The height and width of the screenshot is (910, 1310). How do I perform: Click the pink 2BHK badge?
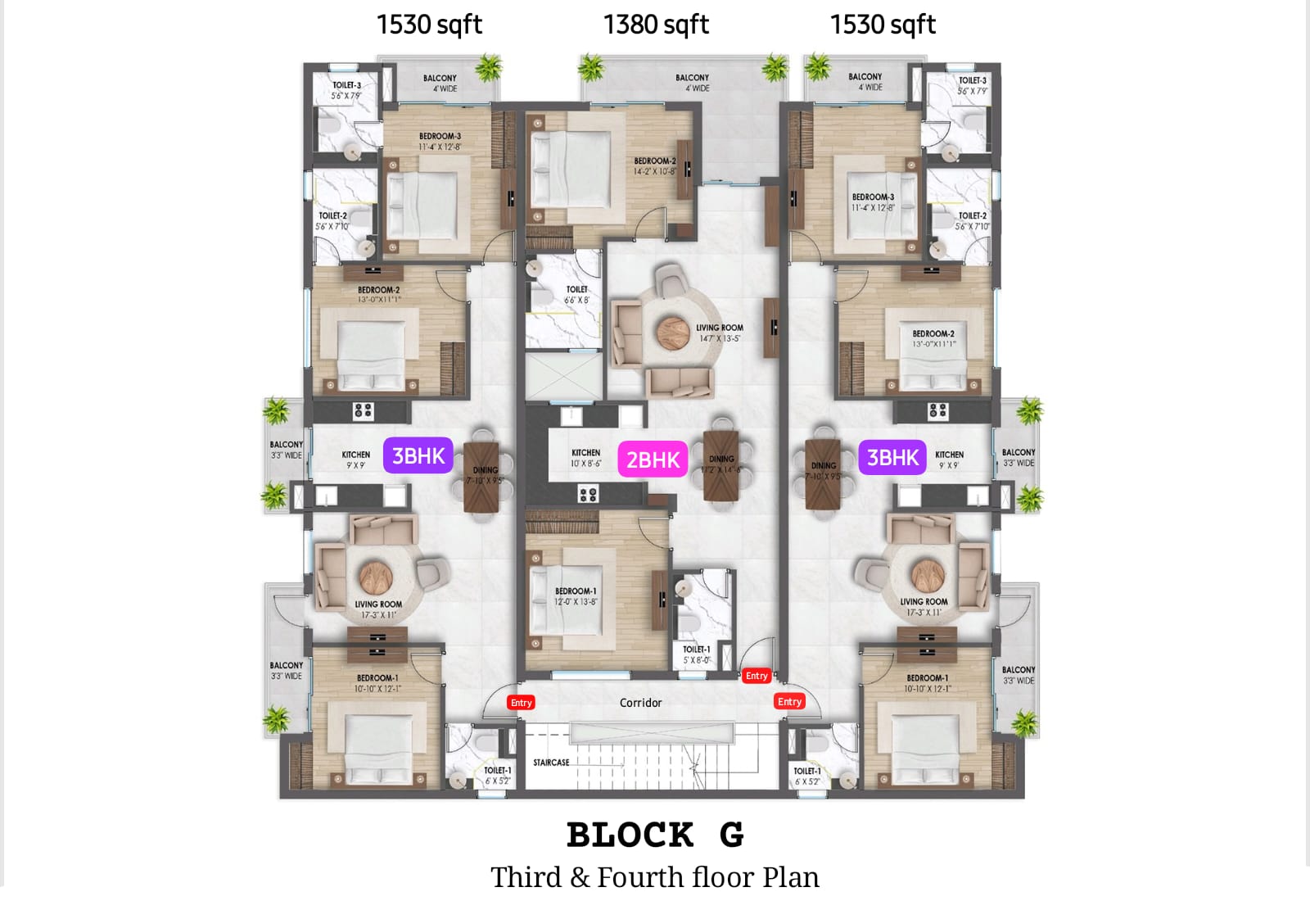pos(653,460)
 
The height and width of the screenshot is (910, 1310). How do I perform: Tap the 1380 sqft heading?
pos(656,25)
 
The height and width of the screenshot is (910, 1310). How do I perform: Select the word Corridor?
pos(640,703)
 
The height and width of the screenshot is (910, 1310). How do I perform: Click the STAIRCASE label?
pos(551,763)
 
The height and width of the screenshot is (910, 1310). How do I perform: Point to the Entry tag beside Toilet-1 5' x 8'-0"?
pos(757,676)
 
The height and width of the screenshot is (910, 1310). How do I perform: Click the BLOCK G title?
pos(655,835)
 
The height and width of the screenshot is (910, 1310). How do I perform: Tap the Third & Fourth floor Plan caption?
pos(655,877)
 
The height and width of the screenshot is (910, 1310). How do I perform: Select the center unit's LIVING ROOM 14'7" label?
pos(720,333)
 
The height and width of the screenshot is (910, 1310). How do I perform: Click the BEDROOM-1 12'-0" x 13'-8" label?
pos(576,596)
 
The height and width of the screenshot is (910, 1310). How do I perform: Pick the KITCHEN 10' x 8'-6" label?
pos(585,458)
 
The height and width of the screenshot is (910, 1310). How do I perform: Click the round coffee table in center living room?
pos(673,332)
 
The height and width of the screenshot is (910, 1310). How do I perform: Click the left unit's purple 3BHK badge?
pos(418,456)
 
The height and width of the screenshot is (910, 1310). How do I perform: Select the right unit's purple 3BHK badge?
pos(892,458)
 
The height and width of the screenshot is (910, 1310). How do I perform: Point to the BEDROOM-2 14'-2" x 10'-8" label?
pos(655,166)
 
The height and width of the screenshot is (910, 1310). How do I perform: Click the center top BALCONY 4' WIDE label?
pos(693,83)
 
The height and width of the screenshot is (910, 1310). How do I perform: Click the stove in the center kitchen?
pos(588,494)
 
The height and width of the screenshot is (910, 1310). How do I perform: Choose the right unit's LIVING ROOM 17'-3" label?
pos(924,607)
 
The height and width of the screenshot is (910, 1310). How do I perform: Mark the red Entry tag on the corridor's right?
pos(789,702)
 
